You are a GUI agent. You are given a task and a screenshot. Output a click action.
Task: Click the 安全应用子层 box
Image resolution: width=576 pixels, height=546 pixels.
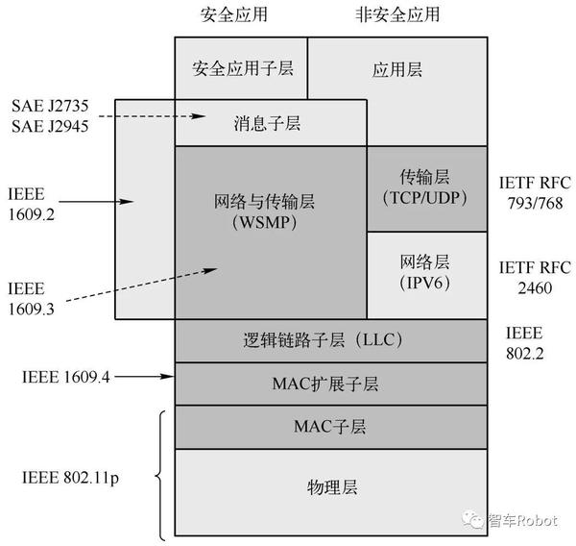pos(240,68)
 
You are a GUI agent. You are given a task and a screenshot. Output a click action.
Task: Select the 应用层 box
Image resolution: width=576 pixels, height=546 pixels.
pos(396,69)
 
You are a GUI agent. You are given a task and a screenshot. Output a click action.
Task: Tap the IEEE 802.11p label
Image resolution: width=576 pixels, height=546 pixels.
pos(64,477)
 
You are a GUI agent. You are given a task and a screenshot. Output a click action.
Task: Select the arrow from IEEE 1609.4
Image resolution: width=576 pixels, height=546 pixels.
pos(145,375)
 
